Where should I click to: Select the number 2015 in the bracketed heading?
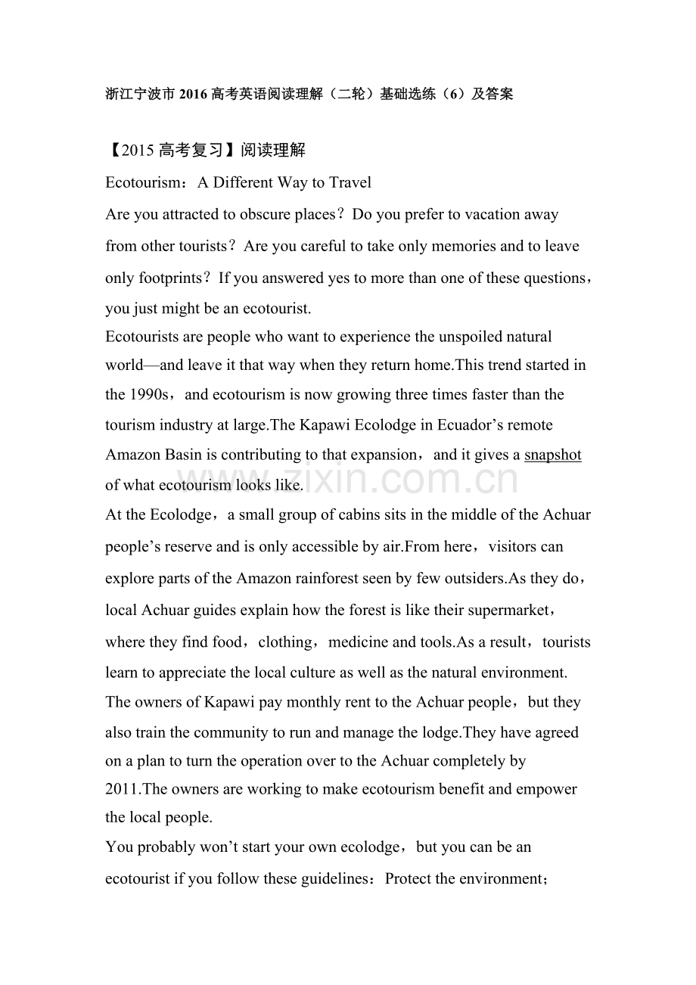coord(138,150)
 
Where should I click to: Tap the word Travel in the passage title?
coord(349,182)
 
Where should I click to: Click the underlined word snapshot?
coord(552,455)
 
